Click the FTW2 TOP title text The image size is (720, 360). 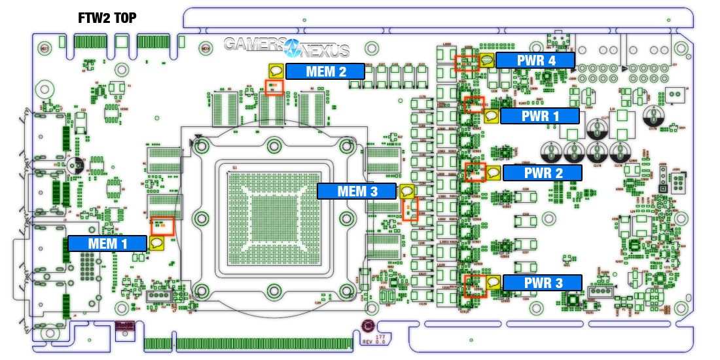click(x=108, y=18)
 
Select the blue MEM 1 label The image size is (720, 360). click(x=107, y=243)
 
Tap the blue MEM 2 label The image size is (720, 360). click(x=325, y=71)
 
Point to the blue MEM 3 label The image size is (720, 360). click(x=357, y=191)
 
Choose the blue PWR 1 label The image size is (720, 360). click(x=540, y=117)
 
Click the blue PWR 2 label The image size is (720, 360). click(x=542, y=173)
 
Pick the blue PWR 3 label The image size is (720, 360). click(x=542, y=283)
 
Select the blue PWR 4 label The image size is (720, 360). click(x=535, y=61)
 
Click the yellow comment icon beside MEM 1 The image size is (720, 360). click(x=156, y=243)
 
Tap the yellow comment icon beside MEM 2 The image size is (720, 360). click(x=276, y=71)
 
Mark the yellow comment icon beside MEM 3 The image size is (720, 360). click(x=406, y=192)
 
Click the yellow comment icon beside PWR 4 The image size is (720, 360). click(x=487, y=61)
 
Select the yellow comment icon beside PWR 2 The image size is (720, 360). click(x=493, y=173)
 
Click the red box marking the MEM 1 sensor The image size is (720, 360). click(x=162, y=226)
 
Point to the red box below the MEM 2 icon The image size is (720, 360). click(x=274, y=87)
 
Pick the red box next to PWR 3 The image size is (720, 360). click(x=474, y=286)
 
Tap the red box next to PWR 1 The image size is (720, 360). click(x=473, y=105)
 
